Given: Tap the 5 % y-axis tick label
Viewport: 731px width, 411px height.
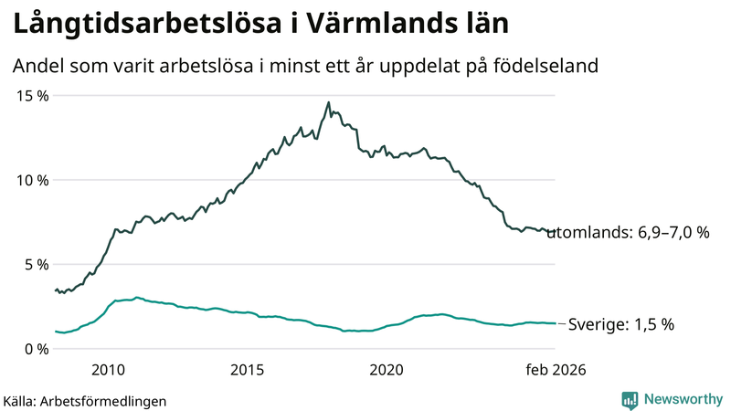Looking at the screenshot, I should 36,264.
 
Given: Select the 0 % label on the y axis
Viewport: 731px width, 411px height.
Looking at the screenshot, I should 36,348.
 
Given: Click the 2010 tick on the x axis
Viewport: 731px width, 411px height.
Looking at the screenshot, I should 108,370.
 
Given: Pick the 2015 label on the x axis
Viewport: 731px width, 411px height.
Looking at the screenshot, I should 247,370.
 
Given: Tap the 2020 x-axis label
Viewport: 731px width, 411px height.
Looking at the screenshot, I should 386,370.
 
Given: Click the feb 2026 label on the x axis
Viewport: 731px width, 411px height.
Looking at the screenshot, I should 554,370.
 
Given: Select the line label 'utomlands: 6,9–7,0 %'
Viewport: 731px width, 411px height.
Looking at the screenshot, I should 634,233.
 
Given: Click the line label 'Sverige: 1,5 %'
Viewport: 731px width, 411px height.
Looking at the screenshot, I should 621,324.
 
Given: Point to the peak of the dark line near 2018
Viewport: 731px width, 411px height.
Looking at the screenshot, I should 329,102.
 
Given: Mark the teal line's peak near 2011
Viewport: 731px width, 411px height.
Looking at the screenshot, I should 137,297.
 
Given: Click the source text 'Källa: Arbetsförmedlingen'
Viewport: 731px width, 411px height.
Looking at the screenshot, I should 85,400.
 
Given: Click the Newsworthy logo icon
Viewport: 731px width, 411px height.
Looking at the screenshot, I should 630,399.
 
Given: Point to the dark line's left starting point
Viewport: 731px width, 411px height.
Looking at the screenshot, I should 56,290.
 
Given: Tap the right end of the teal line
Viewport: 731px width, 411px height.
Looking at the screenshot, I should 554,323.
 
